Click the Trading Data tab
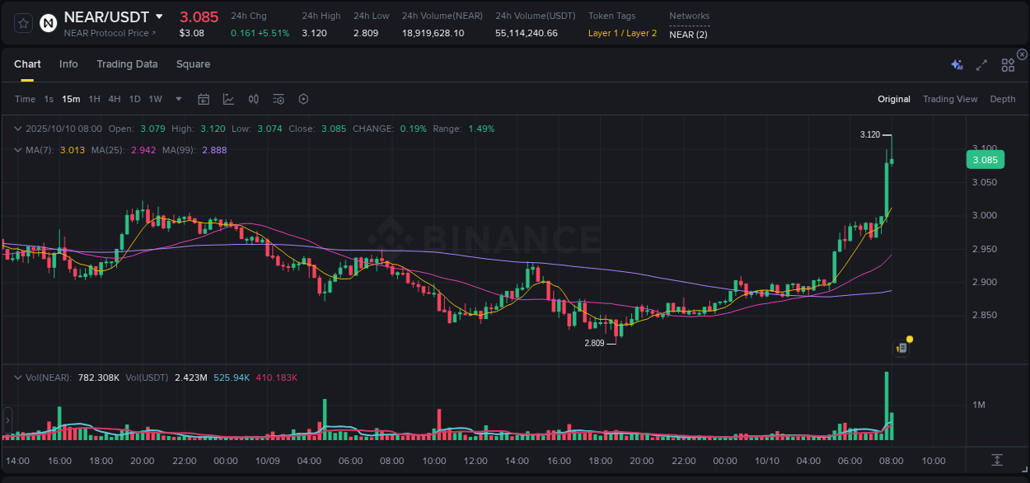[x=127, y=64]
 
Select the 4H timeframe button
[x=115, y=100]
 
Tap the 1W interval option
[x=155, y=100]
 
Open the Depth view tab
[x=1002, y=100]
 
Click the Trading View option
[x=950, y=100]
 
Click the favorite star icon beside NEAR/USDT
[x=24, y=23]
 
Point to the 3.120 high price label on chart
[x=869, y=134]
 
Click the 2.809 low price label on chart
[x=594, y=343]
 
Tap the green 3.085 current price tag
[x=985, y=160]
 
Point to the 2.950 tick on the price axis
[x=984, y=249]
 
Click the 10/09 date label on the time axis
[x=267, y=461]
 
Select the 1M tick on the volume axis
[x=979, y=405]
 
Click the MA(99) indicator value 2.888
[x=214, y=150]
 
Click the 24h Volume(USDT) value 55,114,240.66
[x=526, y=33]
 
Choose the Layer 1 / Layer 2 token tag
[x=622, y=33]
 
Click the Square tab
[x=193, y=64]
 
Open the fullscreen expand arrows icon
[x=981, y=65]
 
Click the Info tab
[x=68, y=64]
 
